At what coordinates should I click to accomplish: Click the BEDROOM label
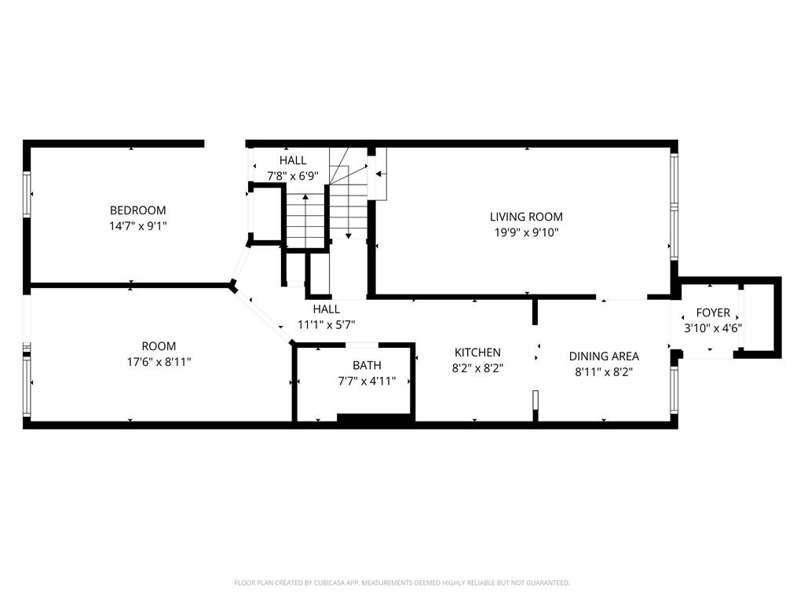(x=138, y=210)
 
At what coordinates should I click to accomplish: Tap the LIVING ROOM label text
(x=526, y=217)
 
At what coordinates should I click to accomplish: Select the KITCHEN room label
(x=477, y=353)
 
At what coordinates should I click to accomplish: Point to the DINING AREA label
(x=604, y=356)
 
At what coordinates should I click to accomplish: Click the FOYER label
(x=713, y=312)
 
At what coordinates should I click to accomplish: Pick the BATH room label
(x=367, y=366)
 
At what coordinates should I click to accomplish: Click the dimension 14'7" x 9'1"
(x=138, y=226)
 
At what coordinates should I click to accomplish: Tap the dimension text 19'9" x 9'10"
(x=526, y=232)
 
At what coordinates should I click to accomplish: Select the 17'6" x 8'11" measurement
(x=159, y=362)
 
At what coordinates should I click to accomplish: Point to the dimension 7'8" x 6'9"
(x=293, y=176)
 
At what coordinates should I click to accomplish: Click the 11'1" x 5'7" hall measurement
(x=326, y=324)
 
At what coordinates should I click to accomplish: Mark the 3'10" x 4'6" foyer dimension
(x=713, y=328)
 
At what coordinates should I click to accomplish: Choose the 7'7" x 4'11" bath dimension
(x=367, y=381)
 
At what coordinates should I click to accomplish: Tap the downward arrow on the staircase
(x=348, y=210)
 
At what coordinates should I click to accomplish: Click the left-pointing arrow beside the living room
(x=380, y=174)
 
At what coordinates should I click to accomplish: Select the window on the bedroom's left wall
(x=27, y=195)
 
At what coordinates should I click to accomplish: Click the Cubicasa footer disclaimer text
(x=402, y=583)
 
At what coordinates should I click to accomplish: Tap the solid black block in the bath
(x=375, y=418)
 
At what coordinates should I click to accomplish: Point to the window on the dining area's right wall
(x=674, y=389)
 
